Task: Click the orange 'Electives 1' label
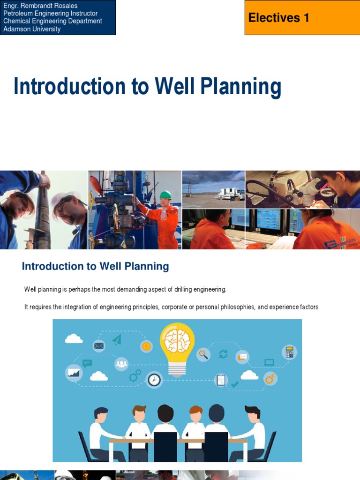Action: point(279,18)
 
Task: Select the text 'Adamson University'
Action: point(32,29)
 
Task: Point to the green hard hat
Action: point(165,195)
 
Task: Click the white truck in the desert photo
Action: point(230,194)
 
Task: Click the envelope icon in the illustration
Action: point(99,346)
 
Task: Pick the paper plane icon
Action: point(117,339)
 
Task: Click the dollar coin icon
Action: point(146,346)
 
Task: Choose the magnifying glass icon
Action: point(203,354)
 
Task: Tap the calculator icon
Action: point(289,352)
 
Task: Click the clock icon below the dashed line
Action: point(154,379)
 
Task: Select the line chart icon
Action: point(74,373)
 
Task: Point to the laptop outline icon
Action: point(270,362)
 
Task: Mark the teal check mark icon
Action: point(235,384)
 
